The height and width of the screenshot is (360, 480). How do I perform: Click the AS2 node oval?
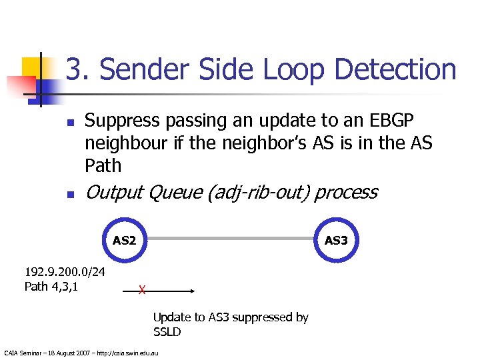(123, 239)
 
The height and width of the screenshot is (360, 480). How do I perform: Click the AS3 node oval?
(336, 239)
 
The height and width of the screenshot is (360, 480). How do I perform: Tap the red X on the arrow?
(141, 290)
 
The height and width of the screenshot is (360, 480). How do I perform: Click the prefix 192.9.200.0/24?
(64, 273)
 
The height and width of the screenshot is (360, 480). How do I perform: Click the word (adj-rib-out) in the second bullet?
(257, 193)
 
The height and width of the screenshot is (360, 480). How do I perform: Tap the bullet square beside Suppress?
(69, 123)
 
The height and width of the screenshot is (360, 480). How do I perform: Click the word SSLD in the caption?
(167, 332)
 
